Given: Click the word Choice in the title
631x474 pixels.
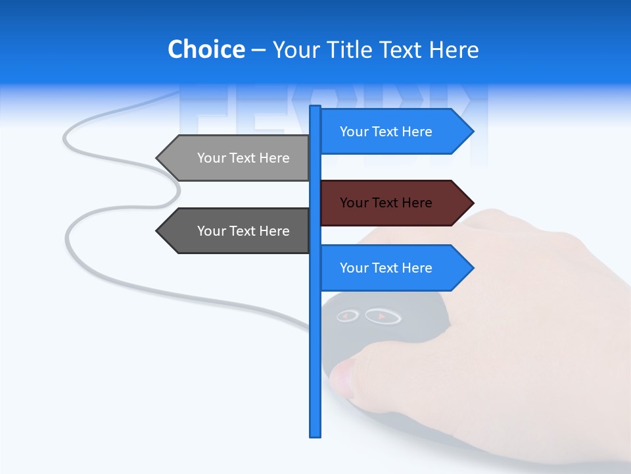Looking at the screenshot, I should [x=206, y=50].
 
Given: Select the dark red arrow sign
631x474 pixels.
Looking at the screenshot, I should [x=394, y=203].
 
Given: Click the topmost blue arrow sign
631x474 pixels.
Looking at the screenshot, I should [x=394, y=132].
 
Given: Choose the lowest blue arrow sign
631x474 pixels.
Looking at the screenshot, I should [x=394, y=268].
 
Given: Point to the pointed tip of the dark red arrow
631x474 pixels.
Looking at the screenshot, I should [x=472, y=203].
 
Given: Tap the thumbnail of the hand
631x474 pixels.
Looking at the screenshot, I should [x=340, y=377].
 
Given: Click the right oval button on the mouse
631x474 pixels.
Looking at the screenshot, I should [x=383, y=317].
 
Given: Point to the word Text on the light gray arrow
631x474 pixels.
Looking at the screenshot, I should [x=243, y=158].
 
